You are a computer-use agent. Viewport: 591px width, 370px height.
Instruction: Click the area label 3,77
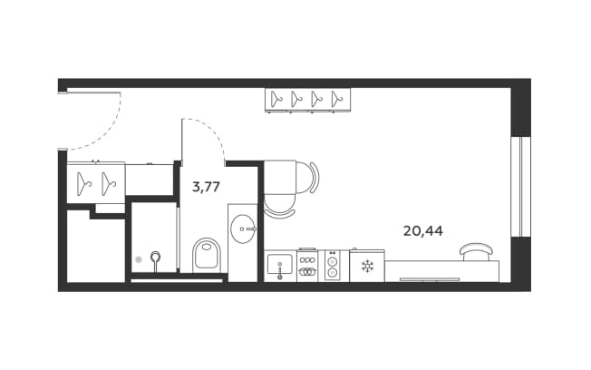click(206, 187)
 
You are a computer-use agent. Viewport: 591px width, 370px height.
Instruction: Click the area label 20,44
click(423, 231)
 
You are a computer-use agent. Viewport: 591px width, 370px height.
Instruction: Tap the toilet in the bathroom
click(206, 255)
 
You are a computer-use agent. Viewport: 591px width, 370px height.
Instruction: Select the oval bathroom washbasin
click(244, 229)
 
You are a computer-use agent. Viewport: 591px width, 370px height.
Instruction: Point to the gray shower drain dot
click(139, 259)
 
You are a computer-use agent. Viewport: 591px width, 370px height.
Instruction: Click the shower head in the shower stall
click(155, 257)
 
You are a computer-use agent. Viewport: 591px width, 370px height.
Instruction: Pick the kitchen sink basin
click(279, 264)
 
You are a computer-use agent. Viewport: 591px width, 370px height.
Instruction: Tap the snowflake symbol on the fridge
click(367, 267)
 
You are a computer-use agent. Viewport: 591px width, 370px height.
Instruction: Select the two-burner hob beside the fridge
click(332, 266)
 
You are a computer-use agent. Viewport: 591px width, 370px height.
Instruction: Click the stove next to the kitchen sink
click(307, 265)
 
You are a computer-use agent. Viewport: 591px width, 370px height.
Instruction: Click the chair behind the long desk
click(477, 251)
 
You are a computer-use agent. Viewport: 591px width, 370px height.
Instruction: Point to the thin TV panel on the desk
click(430, 279)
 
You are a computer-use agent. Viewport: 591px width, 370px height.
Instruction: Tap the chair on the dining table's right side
click(307, 177)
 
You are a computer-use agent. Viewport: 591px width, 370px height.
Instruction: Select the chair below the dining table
click(279, 206)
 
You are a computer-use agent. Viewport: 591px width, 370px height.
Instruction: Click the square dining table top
click(280, 177)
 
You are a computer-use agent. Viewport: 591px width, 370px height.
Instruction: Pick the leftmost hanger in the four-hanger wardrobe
click(276, 99)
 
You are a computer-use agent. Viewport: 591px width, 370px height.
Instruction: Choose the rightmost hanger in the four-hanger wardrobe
click(337, 99)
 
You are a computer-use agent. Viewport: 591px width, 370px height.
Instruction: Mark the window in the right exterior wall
click(520, 187)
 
